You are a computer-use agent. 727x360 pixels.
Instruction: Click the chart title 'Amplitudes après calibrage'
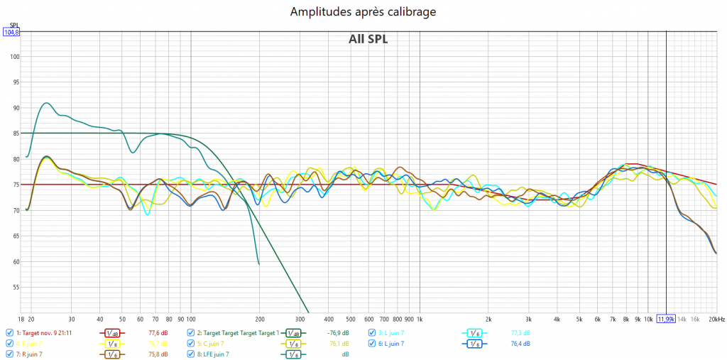coord(363,12)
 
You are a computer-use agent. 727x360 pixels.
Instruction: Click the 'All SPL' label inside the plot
coord(368,39)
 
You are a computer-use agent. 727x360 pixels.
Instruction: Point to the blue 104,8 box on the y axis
coord(11,32)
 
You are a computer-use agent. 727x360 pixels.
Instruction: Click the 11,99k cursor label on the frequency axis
coord(665,320)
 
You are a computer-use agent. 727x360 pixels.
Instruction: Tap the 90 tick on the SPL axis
coord(16,108)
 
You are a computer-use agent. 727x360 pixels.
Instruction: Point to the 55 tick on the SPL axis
coord(16,288)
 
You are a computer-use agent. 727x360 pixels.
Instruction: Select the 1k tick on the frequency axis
coord(420,320)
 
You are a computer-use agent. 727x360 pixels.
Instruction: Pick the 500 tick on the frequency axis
coord(350,320)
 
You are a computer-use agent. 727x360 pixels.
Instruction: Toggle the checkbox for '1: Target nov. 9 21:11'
coord(9,332)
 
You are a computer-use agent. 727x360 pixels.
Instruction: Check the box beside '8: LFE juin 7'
coord(191,354)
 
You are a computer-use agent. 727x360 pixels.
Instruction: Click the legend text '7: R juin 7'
coord(33,354)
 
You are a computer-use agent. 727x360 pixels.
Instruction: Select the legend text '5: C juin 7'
coord(215,343)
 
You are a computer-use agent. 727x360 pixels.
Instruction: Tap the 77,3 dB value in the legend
coord(520,332)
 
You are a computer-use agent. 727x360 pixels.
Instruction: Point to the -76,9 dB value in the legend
coord(338,332)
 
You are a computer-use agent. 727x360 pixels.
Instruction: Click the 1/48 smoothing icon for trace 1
coord(112,332)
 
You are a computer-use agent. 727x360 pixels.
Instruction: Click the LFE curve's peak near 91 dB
coord(46,103)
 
